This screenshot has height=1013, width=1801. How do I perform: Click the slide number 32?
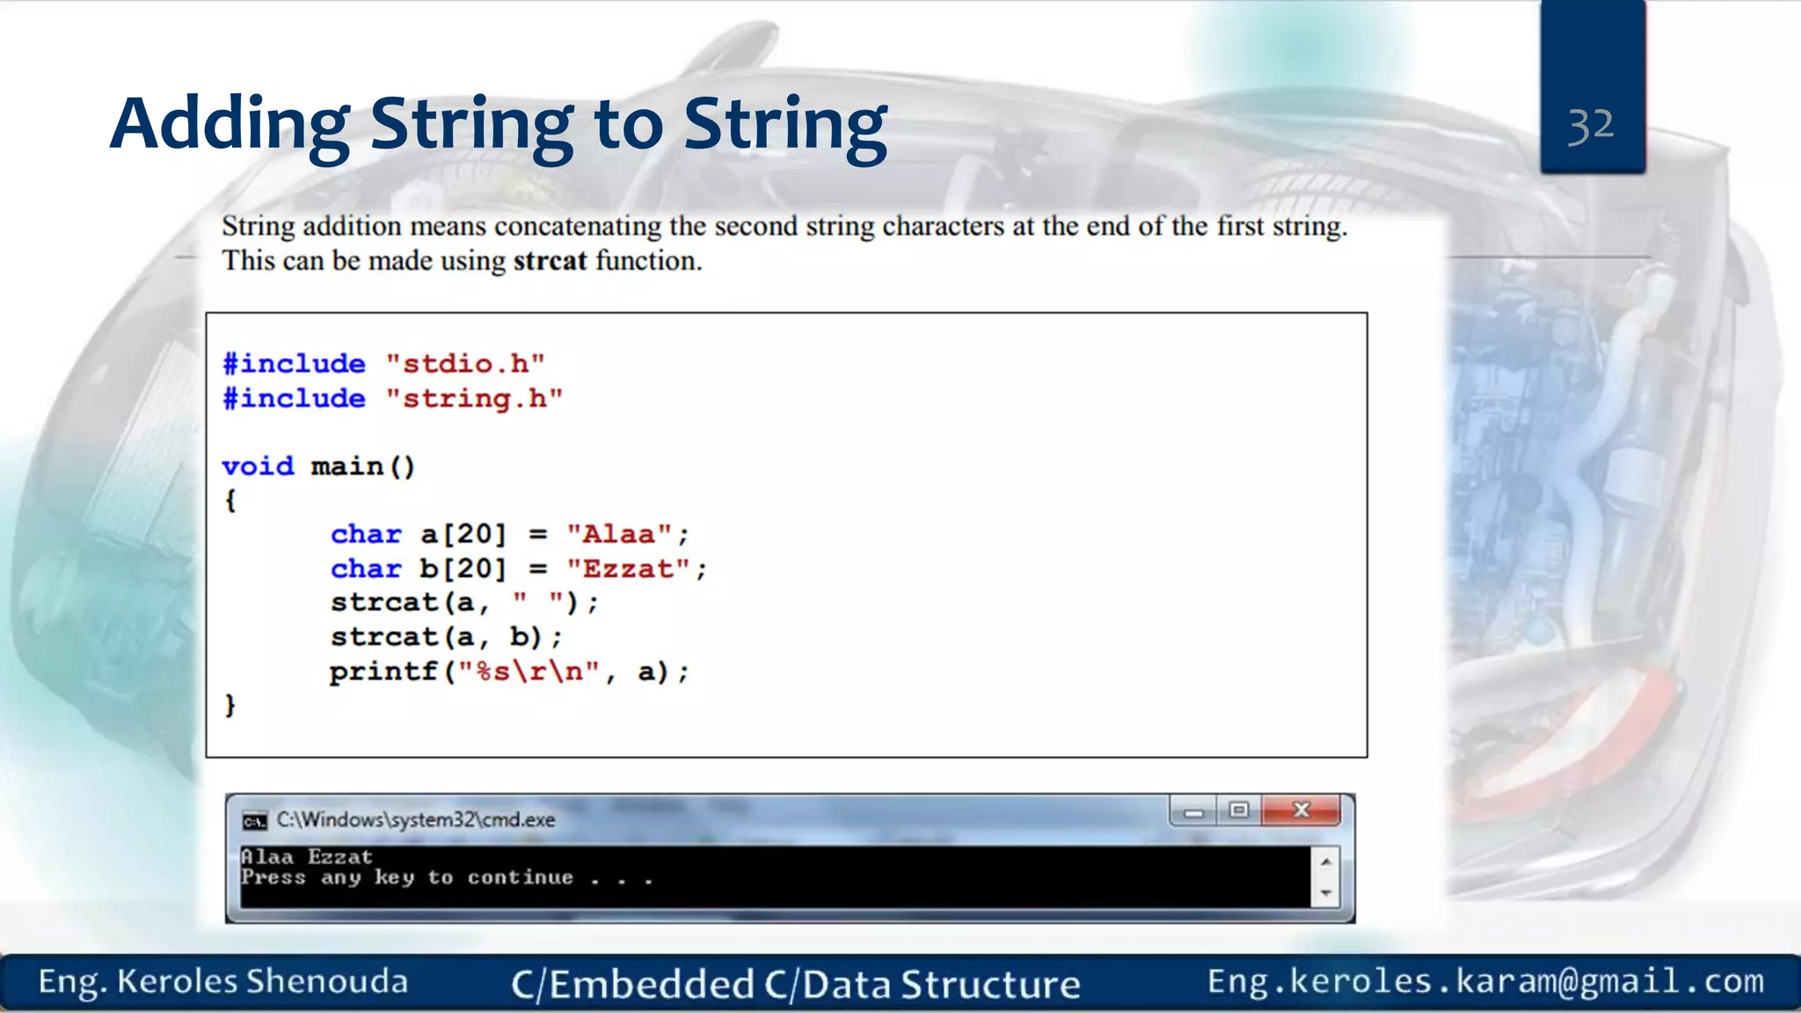[1591, 126]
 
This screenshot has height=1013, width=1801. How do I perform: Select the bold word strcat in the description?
[550, 261]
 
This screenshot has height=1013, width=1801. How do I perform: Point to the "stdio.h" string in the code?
[465, 363]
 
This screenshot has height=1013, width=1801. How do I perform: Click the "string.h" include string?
[474, 398]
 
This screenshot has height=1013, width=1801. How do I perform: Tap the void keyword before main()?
[258, 466]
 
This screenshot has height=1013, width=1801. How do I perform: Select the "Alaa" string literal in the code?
[619, 534]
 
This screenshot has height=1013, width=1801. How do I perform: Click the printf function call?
[383, 672]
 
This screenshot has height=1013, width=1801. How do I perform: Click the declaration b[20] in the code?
[463, 569]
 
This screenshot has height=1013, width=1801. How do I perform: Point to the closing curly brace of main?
[230, 705]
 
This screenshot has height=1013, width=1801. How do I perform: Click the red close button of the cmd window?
[1302, 810]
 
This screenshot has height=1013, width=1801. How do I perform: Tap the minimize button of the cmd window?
[1193, 812]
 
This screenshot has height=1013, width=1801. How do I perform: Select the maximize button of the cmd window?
[1239, 810]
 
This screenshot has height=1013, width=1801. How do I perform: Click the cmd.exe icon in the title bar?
[254, 820]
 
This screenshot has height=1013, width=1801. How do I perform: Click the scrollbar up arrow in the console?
[1325, 861]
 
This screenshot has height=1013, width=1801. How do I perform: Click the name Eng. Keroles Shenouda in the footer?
[223, 981]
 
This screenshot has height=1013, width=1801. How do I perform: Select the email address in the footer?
[1485, 981]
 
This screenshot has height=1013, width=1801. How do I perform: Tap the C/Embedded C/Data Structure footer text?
[796, 984]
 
